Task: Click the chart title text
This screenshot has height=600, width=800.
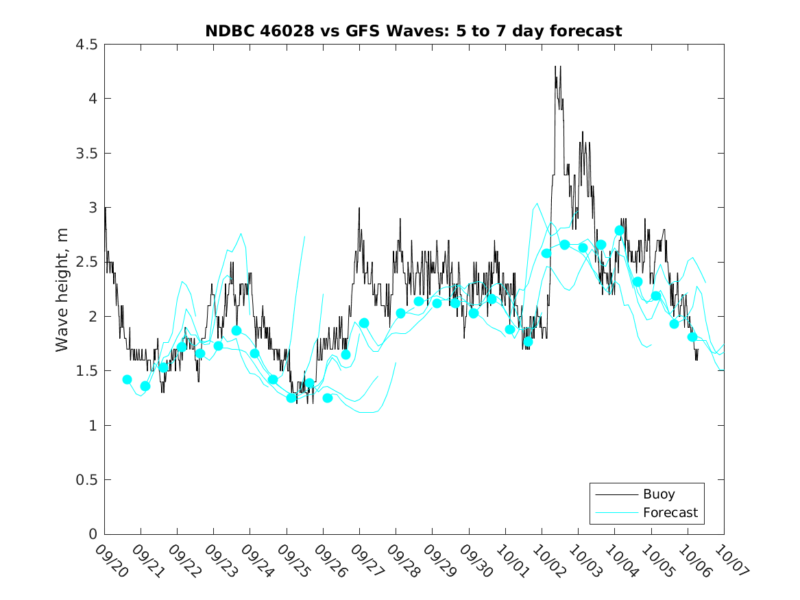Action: point(413,31)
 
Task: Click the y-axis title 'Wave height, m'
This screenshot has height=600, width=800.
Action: point(62,290)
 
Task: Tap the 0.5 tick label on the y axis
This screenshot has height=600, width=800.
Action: point(87,480)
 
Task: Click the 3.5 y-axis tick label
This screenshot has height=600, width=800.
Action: point(87,154)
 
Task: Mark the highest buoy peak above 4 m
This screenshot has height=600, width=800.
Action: point(555,67)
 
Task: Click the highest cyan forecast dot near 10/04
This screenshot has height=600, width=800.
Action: point(620,230)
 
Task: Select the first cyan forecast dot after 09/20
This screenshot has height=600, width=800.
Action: point(127,379)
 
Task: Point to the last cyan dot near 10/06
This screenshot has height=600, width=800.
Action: point(692,337)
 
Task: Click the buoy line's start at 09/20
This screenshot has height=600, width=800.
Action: point(105,208)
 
